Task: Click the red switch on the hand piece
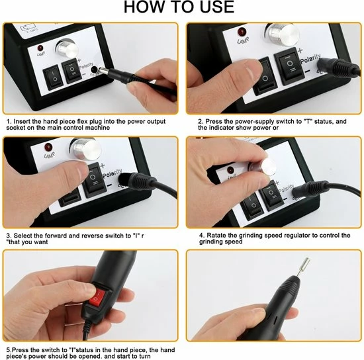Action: click(97, 297)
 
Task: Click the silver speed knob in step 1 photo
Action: click(67, 48)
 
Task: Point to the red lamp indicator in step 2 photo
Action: click(242, 32)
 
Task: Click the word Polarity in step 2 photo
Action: click(310, 58)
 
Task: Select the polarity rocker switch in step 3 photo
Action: click(94, 180)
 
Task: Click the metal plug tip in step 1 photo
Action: click(104, 70)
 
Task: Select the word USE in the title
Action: click(217, 7)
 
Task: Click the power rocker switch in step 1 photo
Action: click(53, 79)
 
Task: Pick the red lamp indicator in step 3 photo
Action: click(48, 148)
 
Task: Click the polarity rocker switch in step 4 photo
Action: click(271, 196)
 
